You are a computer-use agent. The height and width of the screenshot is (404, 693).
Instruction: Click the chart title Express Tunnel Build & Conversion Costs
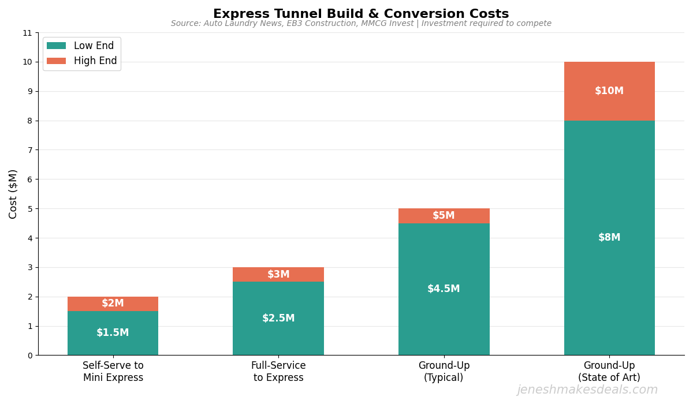pos(361,14)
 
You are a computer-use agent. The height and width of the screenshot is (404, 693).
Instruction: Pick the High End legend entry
pos(95,61)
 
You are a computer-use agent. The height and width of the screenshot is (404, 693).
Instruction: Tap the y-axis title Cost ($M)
pos(13,194)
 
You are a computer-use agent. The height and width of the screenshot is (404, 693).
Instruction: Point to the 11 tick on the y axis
pos(27,33)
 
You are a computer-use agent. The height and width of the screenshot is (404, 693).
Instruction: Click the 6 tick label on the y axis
pos(29,179)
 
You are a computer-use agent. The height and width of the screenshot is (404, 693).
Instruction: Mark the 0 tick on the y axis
pos(29,356)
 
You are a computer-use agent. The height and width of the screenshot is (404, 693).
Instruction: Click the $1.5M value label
pos(113,333)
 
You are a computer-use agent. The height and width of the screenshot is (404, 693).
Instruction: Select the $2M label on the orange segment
pos(113,304)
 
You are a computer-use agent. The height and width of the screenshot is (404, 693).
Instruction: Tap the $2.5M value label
pos(278,319)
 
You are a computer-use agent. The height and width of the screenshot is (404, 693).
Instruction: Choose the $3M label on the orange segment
pos(278,275)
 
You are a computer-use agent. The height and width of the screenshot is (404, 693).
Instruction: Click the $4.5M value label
pos(444,289)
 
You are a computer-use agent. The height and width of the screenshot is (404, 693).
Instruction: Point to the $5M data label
pos(444,216)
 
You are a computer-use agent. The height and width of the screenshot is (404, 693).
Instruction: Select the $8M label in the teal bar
pos(609,238)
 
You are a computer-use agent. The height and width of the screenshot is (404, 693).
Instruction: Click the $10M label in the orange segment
pos(609,91)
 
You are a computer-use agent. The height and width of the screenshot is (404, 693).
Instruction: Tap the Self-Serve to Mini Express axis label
pos(113,372)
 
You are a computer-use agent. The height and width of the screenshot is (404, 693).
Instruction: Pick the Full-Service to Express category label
pos(278,372)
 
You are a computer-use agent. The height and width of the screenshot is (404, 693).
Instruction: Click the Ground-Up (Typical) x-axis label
pos(444,372)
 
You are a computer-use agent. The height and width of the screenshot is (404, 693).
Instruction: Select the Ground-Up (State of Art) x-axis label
pos(609,372)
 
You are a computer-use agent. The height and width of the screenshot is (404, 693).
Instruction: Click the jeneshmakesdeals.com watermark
pos(587,390)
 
